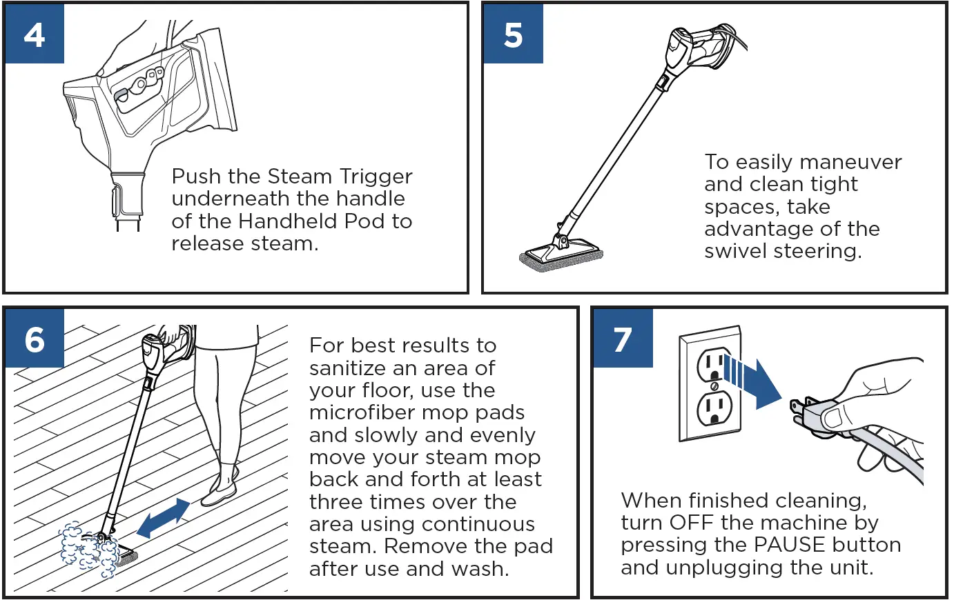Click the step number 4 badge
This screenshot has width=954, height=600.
tap(35, 34)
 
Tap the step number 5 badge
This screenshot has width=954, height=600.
tap(513, 34)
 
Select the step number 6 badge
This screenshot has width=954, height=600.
tap(35, 339)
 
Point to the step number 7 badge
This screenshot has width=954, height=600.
tap(623, 339)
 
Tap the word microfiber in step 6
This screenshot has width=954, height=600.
tap(360, 412)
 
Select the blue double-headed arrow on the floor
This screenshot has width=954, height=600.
tap(164, 517)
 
